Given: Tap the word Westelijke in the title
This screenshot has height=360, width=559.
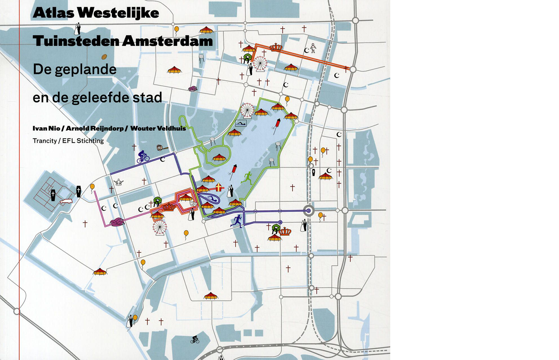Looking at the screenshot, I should coord(118,13).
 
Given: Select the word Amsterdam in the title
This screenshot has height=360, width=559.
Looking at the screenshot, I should coord(167,41).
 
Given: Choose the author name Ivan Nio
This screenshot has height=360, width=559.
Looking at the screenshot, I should coord(46,128).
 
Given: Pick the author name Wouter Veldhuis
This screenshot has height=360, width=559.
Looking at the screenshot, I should coord(158,128).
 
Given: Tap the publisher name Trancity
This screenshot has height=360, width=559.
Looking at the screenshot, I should coord(44,141).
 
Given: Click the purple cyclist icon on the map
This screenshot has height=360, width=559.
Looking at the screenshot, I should coord(143,157).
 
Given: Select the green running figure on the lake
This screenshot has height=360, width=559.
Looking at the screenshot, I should coord(247,178).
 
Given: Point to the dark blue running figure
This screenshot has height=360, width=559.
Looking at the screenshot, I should coord(237,221).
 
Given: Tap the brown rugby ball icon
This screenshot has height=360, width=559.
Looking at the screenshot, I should coord(104,57).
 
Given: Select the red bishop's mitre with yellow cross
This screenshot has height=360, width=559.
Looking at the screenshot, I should coord(219,187).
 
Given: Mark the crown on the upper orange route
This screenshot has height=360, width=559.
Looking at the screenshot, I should coord(276,47).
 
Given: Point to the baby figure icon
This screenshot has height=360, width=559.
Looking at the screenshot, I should coord(313,48).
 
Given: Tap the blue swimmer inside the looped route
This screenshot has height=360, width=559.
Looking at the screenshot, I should coord(211,199).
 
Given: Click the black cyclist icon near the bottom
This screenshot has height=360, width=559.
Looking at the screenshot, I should coord(195,339).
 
